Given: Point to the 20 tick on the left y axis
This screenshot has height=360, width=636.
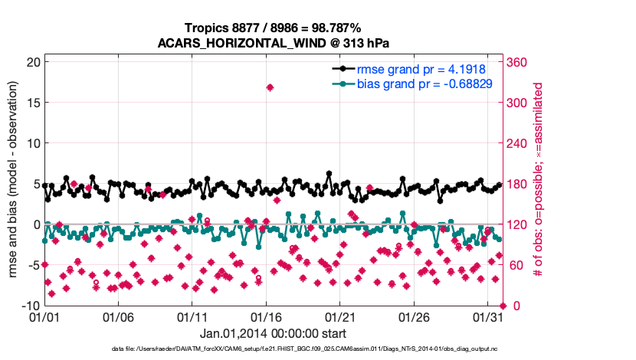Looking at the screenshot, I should pos(31,62).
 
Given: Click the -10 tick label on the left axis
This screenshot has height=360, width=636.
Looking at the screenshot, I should pos(29,306).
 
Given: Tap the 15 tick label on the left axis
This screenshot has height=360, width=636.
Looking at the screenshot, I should pos(31,103).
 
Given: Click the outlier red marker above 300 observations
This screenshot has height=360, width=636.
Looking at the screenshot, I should pos(270,87).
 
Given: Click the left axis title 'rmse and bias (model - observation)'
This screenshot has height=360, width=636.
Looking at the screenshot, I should pos(13,184).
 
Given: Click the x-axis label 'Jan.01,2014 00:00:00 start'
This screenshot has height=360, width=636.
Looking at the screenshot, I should pos(273,334).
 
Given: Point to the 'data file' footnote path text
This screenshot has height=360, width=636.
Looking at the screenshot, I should pos(315,349).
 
